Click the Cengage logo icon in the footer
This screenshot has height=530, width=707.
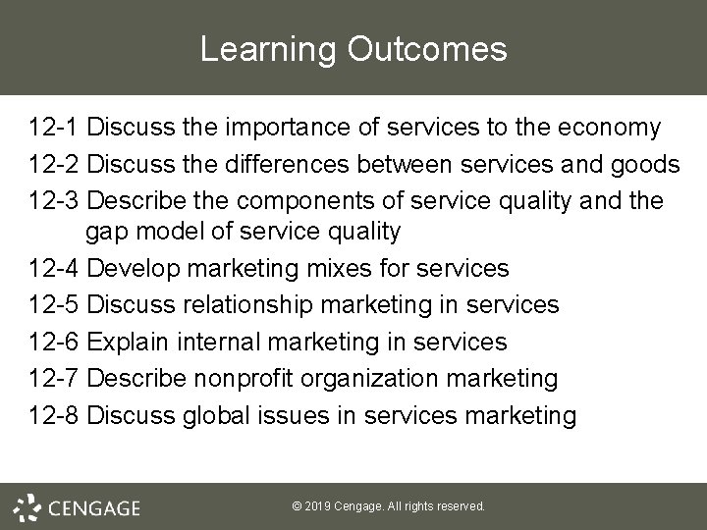(x=28, y=506)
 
